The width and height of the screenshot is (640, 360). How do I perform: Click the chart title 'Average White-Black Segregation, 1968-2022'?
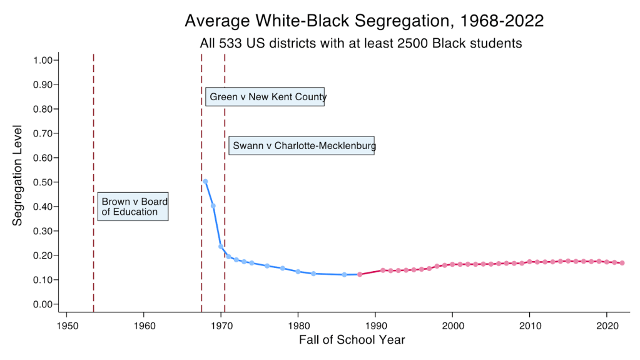click(364, 21)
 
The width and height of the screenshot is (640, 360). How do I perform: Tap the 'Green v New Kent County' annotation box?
click(265, 97)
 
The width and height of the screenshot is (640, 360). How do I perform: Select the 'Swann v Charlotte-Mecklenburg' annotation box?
click(302, 146)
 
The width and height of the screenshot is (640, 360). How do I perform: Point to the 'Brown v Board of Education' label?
click(133, 207)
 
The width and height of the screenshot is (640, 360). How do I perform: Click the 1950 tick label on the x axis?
click(67, 326)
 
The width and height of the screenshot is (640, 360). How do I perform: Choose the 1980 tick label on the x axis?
click(298, 326)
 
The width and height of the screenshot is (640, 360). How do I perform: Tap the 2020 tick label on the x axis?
click(607, 326)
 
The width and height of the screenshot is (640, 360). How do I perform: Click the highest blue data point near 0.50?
click(205, 182)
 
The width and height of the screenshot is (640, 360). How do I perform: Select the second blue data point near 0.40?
click(213, 206)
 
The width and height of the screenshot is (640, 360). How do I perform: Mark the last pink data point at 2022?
click(622, 263)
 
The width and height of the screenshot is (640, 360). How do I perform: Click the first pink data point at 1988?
click(360, 274)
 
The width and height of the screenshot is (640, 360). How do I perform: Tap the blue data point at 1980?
click(298, 272)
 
